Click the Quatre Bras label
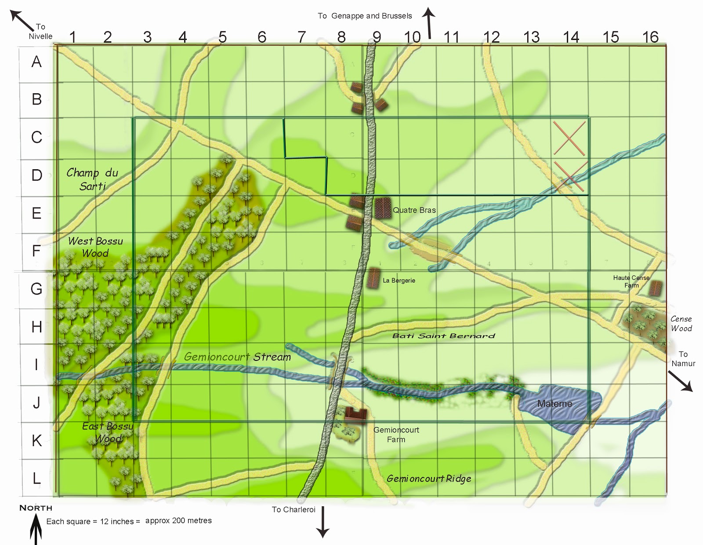[414, 210]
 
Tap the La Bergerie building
[373, 278]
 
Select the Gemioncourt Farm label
[396, 435]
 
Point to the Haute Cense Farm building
[655, 288]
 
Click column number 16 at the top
[650, 37]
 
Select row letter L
[36, 478]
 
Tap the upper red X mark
[569, 138]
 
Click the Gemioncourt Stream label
[237, 356]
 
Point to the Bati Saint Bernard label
[443, 336]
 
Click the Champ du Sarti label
[92, 179]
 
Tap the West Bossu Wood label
[95, 247]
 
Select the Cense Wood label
[681, 323]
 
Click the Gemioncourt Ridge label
[429, 479]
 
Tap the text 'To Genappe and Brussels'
[365, 16]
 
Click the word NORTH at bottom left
[36, 508]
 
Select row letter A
[36, 62]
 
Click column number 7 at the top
[301, 37]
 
